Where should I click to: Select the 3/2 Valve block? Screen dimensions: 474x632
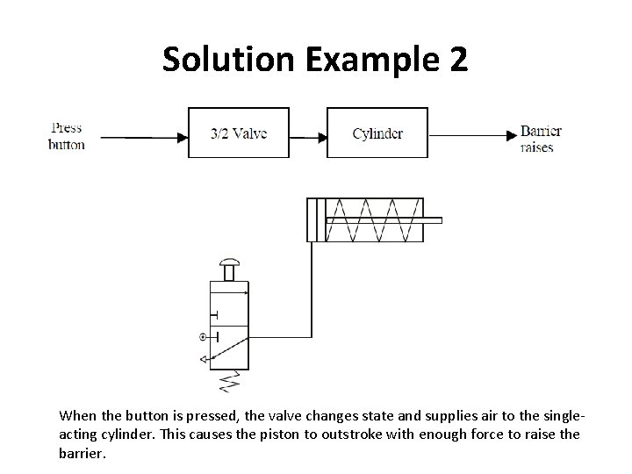pyautogui.click(x=239, y=133)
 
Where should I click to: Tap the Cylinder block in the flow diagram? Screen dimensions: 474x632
pyautogui.click(x=377, y=133)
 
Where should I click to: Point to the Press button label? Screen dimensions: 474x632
pyautogui.click(x=67, y=136)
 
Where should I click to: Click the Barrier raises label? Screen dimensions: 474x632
pyautogui.click(x=540, y=139)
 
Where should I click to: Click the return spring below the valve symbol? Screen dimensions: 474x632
pyautogui.click(x=231, y=380)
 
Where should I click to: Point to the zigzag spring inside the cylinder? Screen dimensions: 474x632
pyautogui.click(x=374, y=219)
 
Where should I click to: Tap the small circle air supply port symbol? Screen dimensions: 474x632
pyautogui.click(x=204, y=336)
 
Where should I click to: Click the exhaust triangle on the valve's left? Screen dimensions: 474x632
pyautogui.click(x=203, y=358)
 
